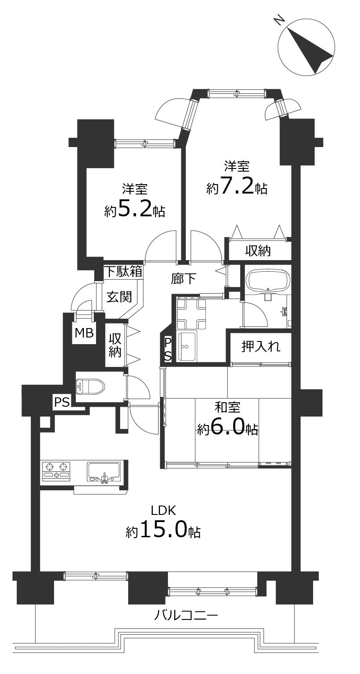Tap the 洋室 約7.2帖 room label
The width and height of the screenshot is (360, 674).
[x=237, y=179]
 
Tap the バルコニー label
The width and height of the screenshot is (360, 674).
[x=186, y=616]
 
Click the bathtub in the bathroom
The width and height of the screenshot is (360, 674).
[x=268, y=281]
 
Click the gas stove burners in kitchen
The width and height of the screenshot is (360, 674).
[x=57, y=471]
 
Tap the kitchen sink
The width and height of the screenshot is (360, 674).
[x=104, y=472]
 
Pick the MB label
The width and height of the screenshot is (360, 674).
[x=84, y=333]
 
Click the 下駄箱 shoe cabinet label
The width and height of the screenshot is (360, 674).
[x=124, y=271]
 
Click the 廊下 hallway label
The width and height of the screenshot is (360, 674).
[x=184, y=279]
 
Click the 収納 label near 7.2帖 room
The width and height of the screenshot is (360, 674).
[x=258, y=251]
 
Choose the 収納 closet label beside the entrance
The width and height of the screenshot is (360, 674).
[x=115, y=345]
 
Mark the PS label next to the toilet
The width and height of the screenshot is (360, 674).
[x=62, y=402]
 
